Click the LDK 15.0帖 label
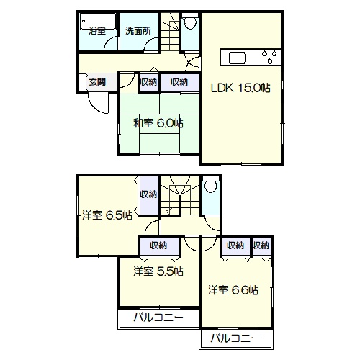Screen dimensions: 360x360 [x=240, y=88]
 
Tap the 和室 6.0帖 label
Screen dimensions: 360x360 [x=158, y=123]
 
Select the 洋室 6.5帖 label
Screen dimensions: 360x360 [x=107, y=215]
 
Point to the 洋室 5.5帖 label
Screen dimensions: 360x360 [x=158, y=271]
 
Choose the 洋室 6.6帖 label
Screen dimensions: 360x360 [x=233, y=290]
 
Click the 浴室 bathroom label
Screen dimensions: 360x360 [x=97, y=31]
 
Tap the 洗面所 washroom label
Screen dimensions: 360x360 [x=138, y=31]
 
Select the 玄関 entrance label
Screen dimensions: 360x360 [x=97, y=82]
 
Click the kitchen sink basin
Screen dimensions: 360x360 [x=238, y=58]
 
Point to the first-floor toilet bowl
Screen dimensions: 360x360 [x=190, y=23]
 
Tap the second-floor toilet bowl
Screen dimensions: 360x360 [x=211, y=186]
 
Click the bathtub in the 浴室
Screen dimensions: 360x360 [x=98, y=22]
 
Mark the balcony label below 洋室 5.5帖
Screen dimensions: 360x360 [x=158, y=318]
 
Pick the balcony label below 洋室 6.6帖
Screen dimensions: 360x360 [x=235, y=338]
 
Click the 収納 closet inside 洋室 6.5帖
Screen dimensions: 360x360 [x=149, y=195]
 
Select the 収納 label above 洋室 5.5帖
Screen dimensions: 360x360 [x=158, y=246]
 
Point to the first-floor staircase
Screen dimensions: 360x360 [x=170, y=32]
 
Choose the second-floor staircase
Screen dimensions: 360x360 [x=180, y=195]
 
